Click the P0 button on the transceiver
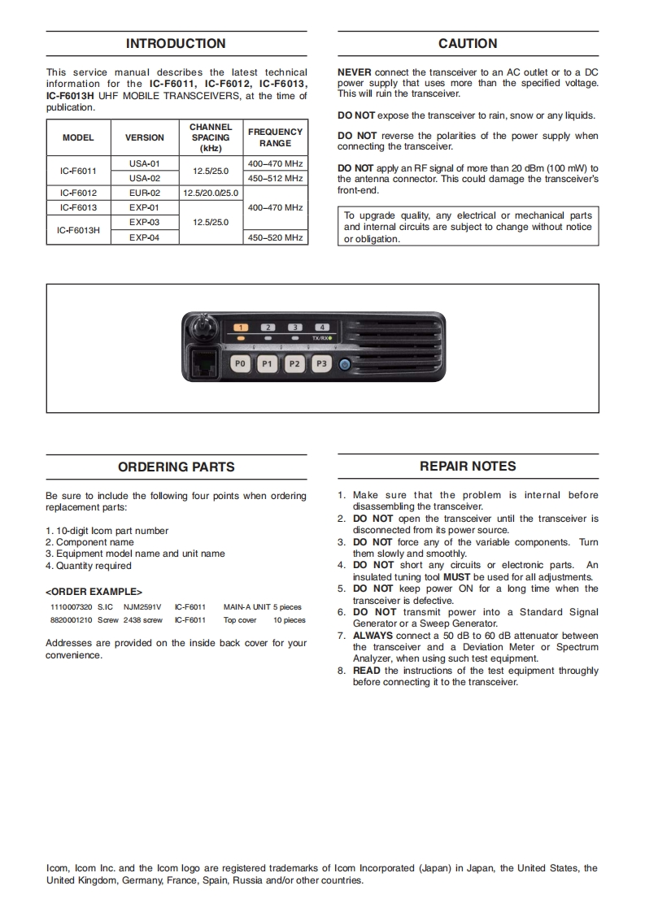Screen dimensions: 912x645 [240, 364]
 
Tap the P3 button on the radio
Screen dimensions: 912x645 [321, 364]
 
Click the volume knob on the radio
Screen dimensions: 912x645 [201, 328]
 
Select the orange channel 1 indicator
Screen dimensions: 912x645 [241, 327]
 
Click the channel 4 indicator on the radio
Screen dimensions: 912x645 [321, 327]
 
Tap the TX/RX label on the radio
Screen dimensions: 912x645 [320, 337]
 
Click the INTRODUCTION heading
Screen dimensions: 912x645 [176, 44]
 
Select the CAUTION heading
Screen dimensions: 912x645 [468, 44]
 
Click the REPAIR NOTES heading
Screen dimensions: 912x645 [468, 467]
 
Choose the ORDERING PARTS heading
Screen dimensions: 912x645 [176, 467]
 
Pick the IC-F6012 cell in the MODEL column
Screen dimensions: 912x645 [78, 193]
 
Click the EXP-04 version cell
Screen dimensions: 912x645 [144, 237]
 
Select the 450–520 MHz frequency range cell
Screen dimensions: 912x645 [275, 237]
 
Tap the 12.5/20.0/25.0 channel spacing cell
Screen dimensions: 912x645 [211, 193]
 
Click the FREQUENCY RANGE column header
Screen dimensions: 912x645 [275, 137]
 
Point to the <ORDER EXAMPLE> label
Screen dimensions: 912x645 [94, 592]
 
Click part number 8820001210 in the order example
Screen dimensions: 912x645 [70, 620]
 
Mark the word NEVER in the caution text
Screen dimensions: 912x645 [354, 72]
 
